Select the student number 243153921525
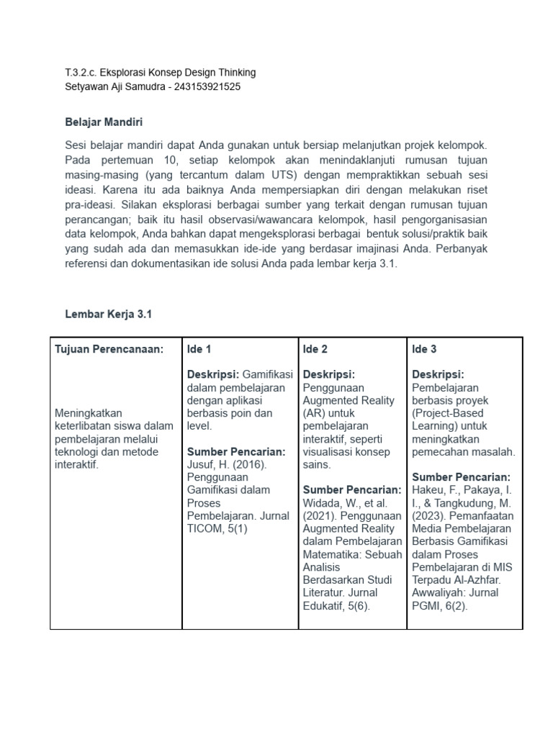pyautogui.click(x=206, y=87)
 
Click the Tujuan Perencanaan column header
pyautogui.click(x=109, y=349)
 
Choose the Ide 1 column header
pyautogui.click(x=199, y=349)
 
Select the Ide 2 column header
pyautogui.click(x=315, y=349)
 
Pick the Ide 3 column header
pyautogui.click(x=424, y=349)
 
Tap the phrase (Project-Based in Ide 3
pyautogui.click(x=447, y=414)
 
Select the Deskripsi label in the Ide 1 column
pyautogui.click(x=213, y=375)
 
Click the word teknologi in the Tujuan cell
pyautogui.click(x=78, y=452)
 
